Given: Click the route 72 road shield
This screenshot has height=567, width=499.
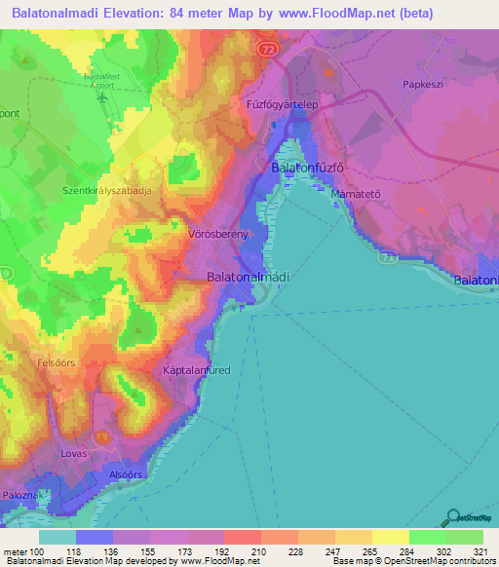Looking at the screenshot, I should [268, 47].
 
